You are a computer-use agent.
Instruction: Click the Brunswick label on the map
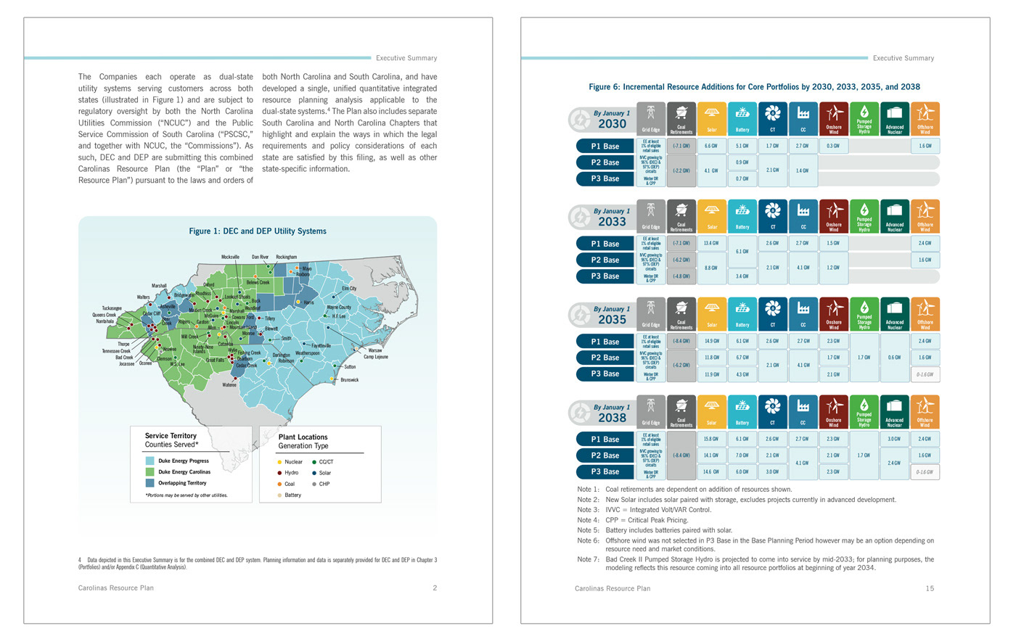point(349,380)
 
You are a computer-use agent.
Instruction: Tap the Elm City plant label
point(349,289)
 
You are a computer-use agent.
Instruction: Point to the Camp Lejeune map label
point(375,357)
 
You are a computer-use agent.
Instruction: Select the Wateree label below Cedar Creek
point(229,384)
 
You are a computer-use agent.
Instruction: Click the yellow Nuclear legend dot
point(280,462)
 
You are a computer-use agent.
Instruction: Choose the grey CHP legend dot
point(314,484)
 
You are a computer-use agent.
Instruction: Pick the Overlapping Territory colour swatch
point(149,483)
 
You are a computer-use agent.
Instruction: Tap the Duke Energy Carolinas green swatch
point(149,472)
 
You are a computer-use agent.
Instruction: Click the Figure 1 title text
point(258,231)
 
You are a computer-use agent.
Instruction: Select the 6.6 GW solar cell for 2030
point(711,146)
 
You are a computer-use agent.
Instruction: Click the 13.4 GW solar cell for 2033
point(711,244)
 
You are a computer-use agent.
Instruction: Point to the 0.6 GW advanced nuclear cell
point(894,358)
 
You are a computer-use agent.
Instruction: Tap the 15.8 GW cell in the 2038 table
point(711,439)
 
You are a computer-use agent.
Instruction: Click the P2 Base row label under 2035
point(605,358)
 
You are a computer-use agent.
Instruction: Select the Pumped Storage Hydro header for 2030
point(864,119)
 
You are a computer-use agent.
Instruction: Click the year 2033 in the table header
point(612,222)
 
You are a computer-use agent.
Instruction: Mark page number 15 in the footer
point(930,588)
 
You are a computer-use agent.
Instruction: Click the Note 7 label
point(589,559)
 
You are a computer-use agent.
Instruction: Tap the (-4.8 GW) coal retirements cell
point(681,276)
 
